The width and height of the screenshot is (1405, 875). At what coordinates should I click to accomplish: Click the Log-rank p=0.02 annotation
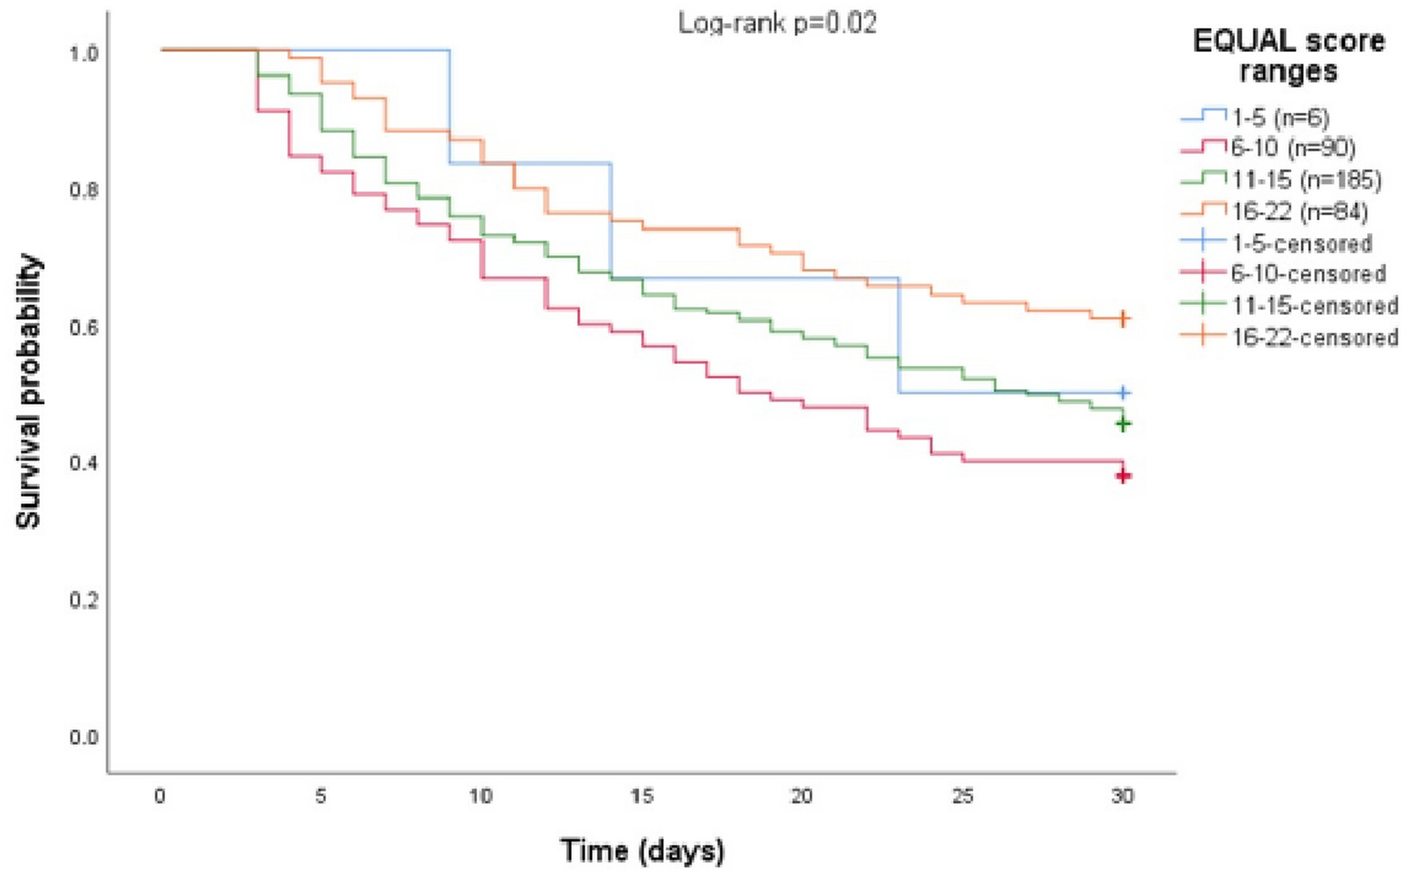tap(777, 24)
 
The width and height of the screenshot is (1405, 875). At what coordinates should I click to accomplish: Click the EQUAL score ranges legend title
tap(1289, 56)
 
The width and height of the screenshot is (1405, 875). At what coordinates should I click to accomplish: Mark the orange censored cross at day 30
tap(1123, 318)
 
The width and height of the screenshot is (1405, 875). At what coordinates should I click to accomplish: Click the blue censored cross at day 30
tap(1123, 393)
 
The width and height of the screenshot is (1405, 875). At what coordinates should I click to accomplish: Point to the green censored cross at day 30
tap(1123, 424)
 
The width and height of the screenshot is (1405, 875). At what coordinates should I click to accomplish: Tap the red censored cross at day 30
tap(1123, 476)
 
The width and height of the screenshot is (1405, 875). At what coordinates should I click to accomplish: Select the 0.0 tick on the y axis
tap(84, 737)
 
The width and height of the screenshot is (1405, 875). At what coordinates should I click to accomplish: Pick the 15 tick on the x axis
tap(641, 796)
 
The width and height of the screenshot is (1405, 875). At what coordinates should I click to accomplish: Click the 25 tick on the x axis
tap(963, 796)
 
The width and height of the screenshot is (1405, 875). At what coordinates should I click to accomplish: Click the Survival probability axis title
tap(28, 393)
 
